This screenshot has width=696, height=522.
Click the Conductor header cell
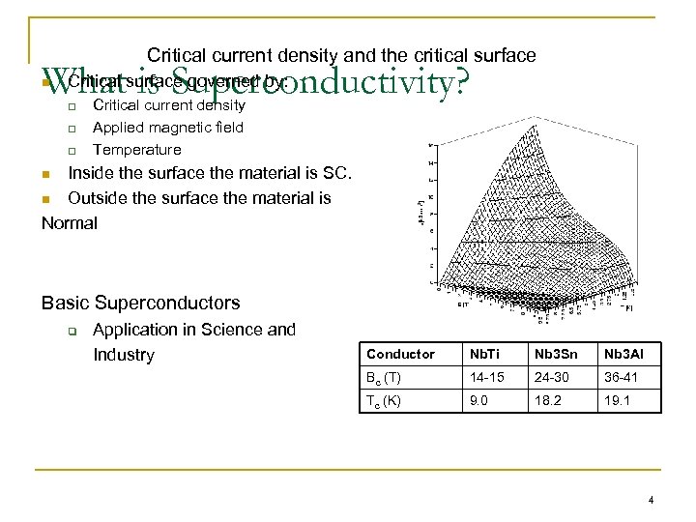401,354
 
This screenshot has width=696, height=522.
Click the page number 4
652,500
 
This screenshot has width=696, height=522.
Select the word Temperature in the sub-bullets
136,150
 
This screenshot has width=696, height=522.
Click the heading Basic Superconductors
141,303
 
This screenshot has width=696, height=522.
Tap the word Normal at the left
70,223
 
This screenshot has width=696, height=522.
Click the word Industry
124,355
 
